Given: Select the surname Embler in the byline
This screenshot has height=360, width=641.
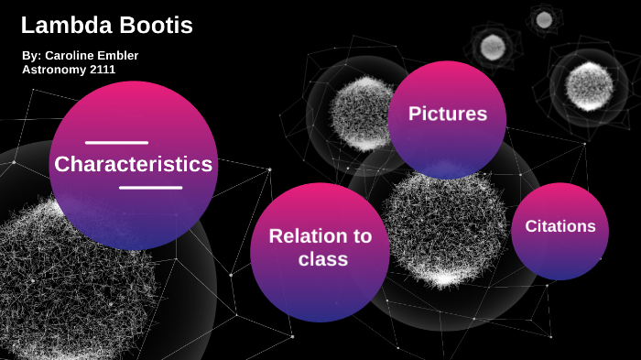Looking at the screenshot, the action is point(119,56).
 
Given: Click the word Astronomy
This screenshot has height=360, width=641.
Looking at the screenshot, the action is point(51,70).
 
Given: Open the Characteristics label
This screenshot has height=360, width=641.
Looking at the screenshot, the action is point(133,165).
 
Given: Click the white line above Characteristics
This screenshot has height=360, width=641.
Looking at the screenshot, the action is point(116,143).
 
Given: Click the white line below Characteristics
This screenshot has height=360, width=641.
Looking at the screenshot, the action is point(150,188).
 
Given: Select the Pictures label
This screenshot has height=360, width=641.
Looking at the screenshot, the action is point(447,115).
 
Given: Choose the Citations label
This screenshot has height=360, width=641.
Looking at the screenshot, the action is point(560,226).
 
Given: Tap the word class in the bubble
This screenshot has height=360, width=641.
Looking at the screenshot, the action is point(322,259).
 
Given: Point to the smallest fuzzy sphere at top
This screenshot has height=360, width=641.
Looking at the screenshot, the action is point(544,19).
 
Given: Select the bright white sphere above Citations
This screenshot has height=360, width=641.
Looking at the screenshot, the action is point(589,85).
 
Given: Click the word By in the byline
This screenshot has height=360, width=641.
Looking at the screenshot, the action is point(30,56).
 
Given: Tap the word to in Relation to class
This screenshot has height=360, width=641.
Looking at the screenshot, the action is point(362,236).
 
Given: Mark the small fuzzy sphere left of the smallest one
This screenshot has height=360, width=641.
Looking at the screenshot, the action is point(493,45).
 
